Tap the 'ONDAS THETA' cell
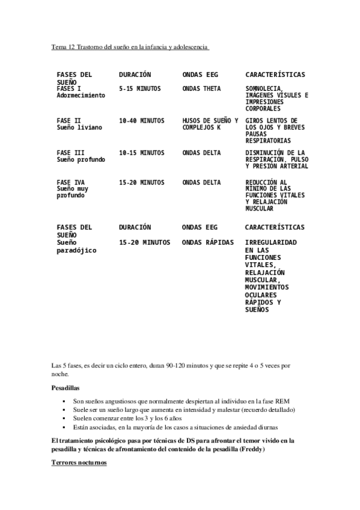point(201,88)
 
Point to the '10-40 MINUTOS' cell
point(141,121)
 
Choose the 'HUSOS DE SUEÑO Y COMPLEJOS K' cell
point(210,124)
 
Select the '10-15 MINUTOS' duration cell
point(141,153)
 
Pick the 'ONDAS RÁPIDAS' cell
point(207,242)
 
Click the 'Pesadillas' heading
point(66,389)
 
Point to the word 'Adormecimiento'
point(81,95)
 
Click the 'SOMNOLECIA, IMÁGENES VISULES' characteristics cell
point(276,99)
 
